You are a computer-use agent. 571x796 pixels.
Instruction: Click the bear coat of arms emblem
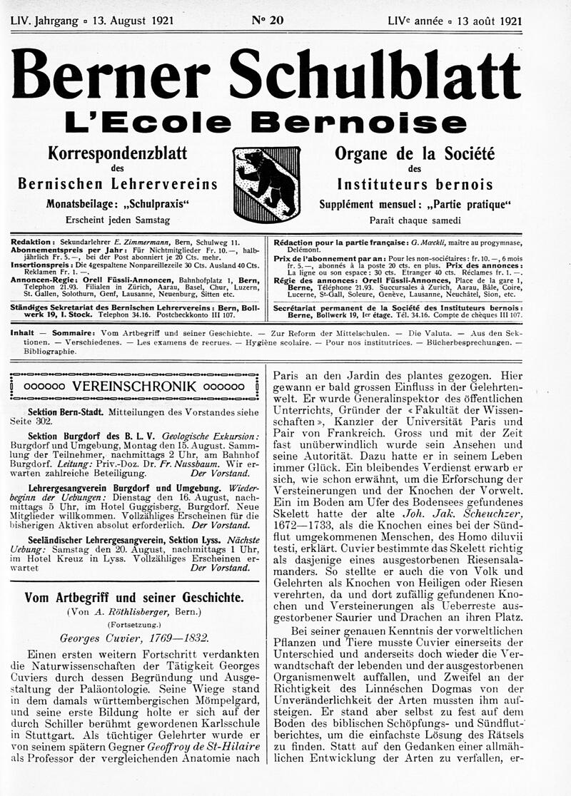click(268, 185)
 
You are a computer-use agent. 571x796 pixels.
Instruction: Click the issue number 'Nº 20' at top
click(267, 20)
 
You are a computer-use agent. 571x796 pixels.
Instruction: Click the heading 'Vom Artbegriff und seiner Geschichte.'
click(135, 598)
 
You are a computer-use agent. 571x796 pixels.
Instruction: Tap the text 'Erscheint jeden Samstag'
click(117, 220)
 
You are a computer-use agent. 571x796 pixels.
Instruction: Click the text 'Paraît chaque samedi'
click(415, 220)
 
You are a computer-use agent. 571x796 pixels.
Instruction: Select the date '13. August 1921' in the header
click(126, 21)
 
